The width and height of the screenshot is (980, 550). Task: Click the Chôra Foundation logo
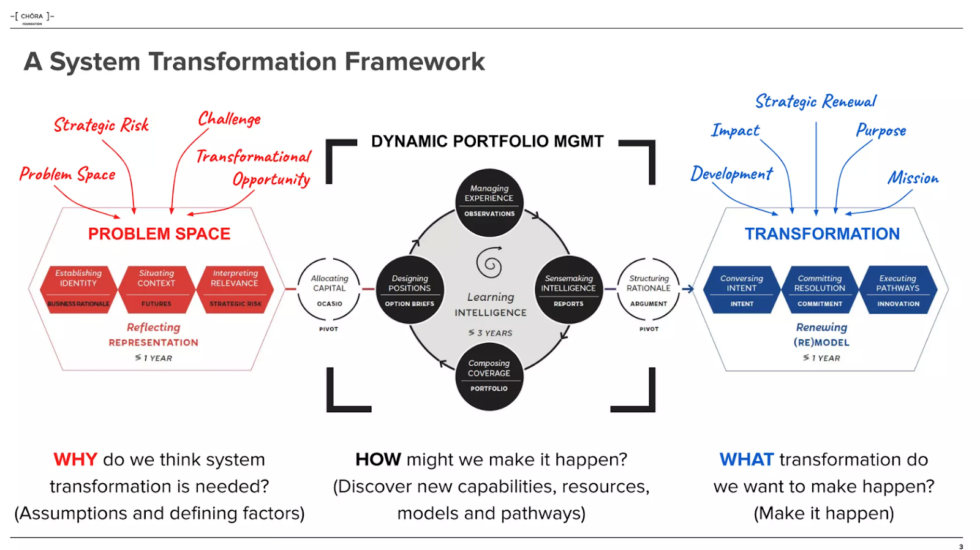click(32, 17)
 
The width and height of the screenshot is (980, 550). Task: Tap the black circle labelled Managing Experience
click(489, 202)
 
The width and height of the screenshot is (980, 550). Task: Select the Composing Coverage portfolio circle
click(489, 376)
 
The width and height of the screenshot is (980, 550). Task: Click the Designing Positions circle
click(409, 290)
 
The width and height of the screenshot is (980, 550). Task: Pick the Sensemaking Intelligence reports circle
click(568, 290)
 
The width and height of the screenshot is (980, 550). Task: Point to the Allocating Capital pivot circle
click(329, 290)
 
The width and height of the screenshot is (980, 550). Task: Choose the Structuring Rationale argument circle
click(649, 290)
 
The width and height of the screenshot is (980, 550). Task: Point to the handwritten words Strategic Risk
click(101, 125)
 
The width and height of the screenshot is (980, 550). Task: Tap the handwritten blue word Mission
click(913, 178)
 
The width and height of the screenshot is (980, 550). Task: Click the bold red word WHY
click(75, 459)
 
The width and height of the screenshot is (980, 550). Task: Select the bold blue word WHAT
click(747, 459)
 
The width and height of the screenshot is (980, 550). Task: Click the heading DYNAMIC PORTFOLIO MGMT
click(487, 141)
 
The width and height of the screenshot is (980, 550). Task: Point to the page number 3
click(960, 546)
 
